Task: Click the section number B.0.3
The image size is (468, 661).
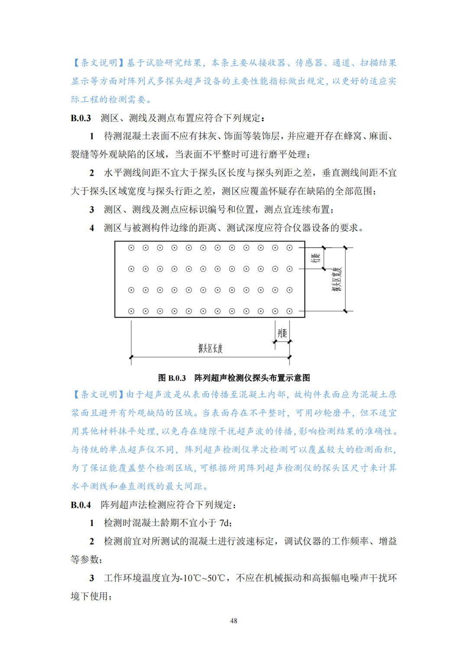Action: [x=81, y=118]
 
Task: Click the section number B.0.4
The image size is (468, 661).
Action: [x=81, y=505]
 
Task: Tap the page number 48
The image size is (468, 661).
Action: [x=234, y=621]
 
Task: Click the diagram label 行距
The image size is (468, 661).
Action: [x=316, y=258]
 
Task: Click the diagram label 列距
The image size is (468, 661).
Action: [x=282, y=333]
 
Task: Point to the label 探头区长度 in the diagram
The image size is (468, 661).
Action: [x=210, y=348]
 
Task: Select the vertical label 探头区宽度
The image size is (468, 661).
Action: [x=337, y=279]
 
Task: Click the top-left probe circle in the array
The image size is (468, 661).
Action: [x=131, y=248]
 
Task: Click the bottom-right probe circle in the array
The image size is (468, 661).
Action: [x=289, y=311]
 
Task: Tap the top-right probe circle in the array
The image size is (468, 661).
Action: [x=289, y=248]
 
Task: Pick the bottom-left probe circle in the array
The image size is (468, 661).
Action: [x=131, y=311]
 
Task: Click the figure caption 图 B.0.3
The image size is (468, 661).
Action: [x=172, y=378]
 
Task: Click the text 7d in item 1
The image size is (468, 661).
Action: [x=225, y=523]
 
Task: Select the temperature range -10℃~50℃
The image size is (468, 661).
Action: [x=202, y=578]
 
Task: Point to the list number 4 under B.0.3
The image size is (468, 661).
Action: [x=92, y=228]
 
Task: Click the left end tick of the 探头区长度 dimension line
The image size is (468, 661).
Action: [x=131, y=357]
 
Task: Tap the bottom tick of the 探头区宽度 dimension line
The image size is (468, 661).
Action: [x=345, y=311]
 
